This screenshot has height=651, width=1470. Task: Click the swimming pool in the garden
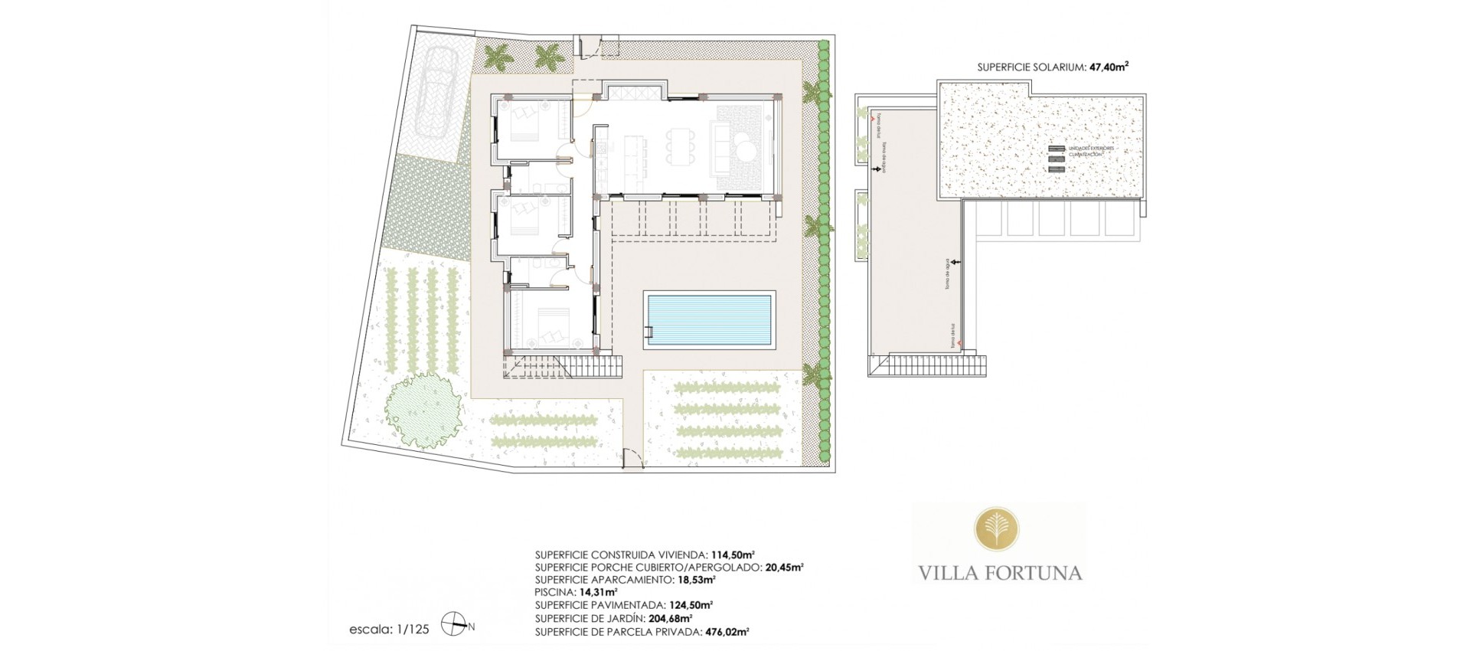click(x=710, y=320)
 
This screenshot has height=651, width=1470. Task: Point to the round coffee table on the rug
click(x=746, y=143)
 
